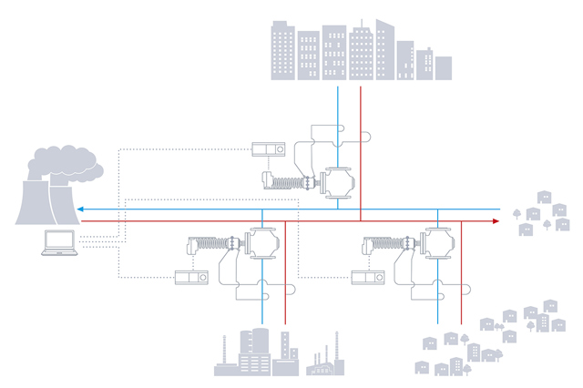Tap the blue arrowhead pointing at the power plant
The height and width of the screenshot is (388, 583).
(x=81, y=209)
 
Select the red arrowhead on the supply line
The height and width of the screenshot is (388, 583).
(x=496, y=221)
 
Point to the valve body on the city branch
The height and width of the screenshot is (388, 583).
(x=337, y=182)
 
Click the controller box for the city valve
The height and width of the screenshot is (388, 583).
(x=271, y=149)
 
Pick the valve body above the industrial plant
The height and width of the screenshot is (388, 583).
(x=263, y=242)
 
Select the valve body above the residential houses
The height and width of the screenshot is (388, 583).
(x=438, y=242)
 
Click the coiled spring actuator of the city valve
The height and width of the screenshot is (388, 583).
(x=290, y=181)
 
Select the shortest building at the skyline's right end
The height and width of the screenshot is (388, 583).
(x=444, y=67)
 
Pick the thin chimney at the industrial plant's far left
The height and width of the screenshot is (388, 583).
(x=223, y=351)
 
